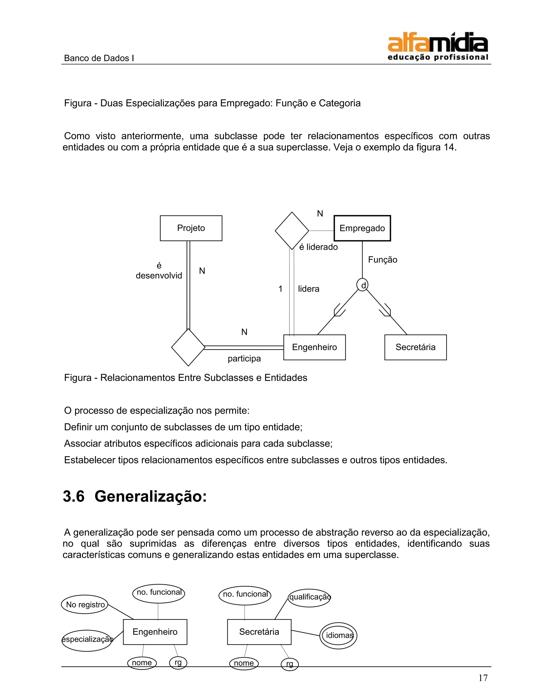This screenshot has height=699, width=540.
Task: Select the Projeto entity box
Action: coord(191,228)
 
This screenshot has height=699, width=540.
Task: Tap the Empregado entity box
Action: coord(362,228)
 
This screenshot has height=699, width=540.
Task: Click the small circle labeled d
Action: coord(363,285)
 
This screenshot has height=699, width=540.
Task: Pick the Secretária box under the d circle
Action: coord(415,347)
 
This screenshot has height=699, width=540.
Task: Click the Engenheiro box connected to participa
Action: coord(315,347)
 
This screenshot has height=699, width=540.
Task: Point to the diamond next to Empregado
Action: coord(292,231)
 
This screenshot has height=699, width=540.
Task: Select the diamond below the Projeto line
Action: coord(188,347)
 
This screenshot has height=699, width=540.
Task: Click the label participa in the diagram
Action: coord(244,359)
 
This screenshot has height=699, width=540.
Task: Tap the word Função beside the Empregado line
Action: coord(383,260)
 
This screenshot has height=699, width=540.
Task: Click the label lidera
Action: coord(308,289)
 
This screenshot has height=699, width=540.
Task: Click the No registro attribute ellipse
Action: coord(85,605)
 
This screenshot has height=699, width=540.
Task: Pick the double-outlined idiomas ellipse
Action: coord(339,635)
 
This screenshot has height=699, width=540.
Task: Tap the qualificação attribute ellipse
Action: coord(309,597)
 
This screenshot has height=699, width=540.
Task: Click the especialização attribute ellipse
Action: coord(87,639)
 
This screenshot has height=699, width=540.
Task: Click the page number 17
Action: coord(483,678)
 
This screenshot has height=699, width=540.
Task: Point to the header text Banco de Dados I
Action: coord(99,58)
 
